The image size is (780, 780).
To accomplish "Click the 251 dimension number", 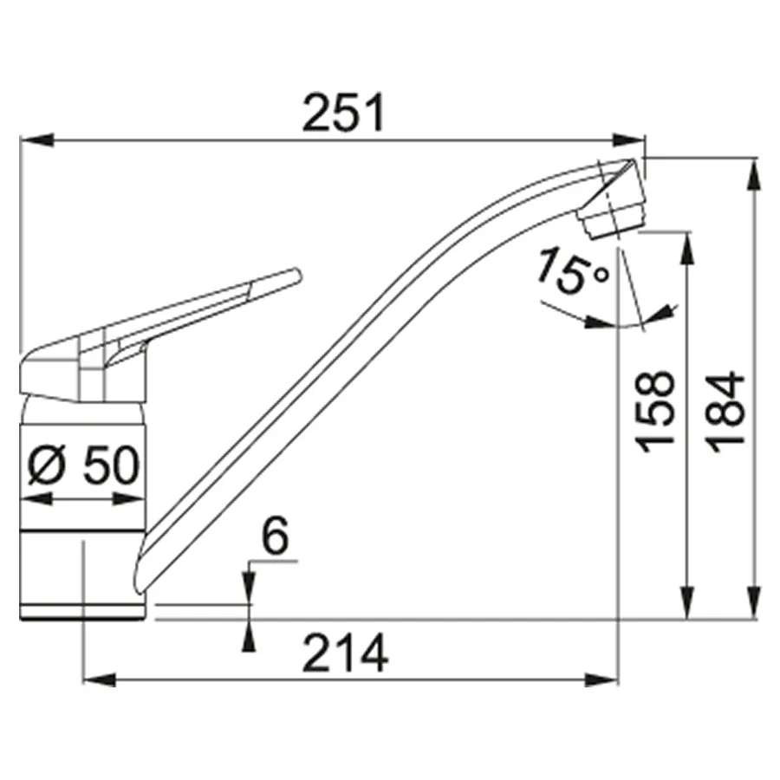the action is pyautogui.click(x=344, y=113).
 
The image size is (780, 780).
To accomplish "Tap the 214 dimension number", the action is pyautogui.click(x=345, y=653).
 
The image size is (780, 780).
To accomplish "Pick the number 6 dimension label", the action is pyautogui.click(x=275, y=536).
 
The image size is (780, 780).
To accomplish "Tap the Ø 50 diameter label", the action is pyautogui.click(x=83, y=465).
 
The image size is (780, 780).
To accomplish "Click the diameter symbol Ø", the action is pyautogui.click(x=46, y=465).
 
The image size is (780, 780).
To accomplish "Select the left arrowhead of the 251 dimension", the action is pyautogui.click(x=36, y=140).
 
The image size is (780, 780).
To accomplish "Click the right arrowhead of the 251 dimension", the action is pyautogui.click(x=629, y=140).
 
